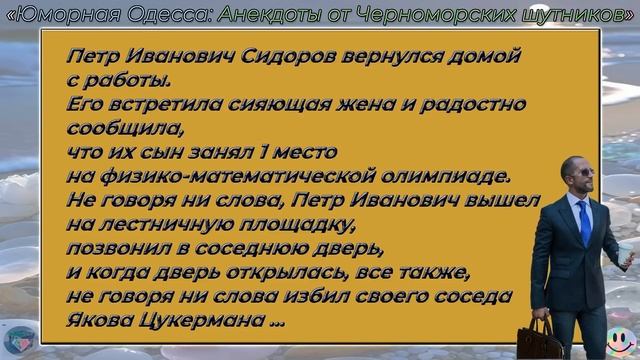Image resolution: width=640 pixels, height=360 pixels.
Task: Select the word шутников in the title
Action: point(571,13)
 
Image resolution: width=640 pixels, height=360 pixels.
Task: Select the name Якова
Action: point(100,321)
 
